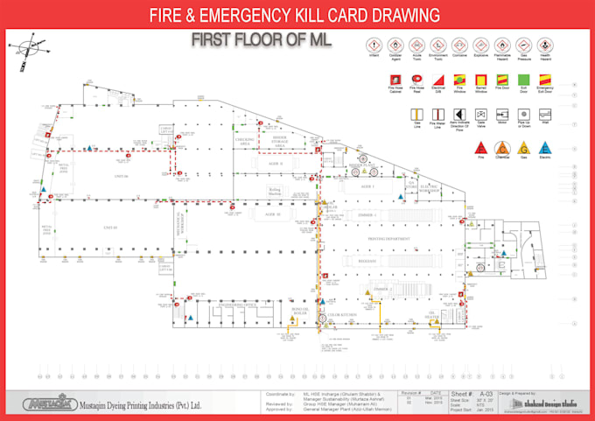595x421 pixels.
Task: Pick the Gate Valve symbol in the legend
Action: point(480,114)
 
